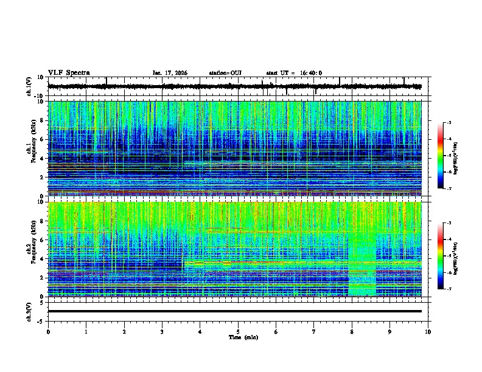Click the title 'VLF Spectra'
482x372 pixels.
[69, 73]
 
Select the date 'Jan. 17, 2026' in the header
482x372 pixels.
[170, 73]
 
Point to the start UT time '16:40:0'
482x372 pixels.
[309, 73]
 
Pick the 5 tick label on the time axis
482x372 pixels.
[238, 331]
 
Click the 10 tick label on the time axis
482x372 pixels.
[428, 331]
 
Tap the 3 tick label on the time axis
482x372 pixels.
[162, 331]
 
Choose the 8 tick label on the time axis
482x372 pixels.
[352, 331]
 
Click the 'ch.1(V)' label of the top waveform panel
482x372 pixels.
[29, 87]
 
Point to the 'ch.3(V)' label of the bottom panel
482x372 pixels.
[29, 311]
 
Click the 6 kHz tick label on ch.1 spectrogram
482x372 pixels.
[41, 139]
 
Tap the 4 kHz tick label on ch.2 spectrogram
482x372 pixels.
[41, 258]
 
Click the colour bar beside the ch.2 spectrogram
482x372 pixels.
[440, 256]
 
